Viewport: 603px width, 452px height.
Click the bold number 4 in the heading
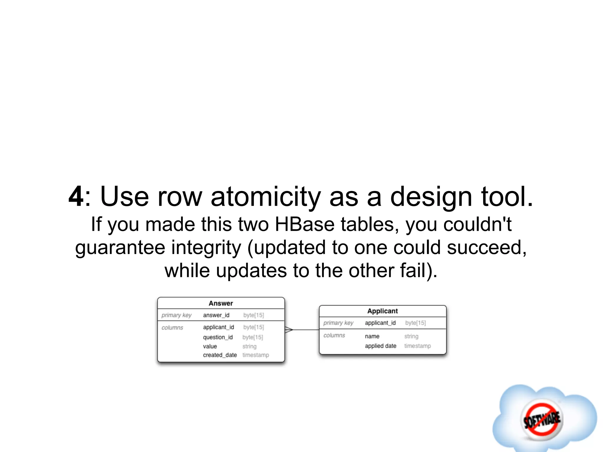coord(76,197)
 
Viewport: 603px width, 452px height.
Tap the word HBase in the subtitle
coord(304,225)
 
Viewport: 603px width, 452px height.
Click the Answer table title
coord(221,303)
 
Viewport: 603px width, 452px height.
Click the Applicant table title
coord(382,311)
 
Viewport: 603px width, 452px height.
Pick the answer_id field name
coord(216,315)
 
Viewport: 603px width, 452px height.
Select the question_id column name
coord(218,337)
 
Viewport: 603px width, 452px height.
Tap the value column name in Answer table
coord(210,346)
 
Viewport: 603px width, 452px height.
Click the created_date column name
coord(220,355)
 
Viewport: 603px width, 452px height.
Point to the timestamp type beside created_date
coord(256,355)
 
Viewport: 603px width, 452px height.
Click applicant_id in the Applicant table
coord(380,323)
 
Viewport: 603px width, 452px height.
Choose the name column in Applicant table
coord(372,336)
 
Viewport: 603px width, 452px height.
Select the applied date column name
coord(380,346)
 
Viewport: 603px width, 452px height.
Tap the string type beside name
coord(411,336)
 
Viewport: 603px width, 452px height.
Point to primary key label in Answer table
coord(176,315)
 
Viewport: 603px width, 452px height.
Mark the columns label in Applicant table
coord(334,335)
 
